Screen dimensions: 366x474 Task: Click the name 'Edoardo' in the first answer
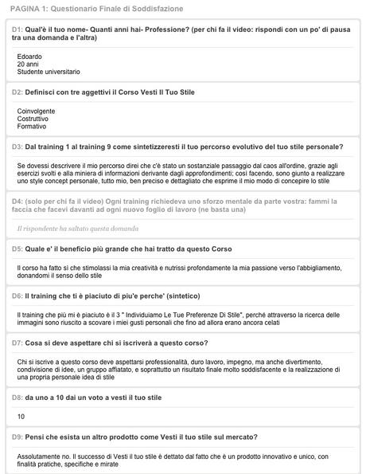31,56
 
